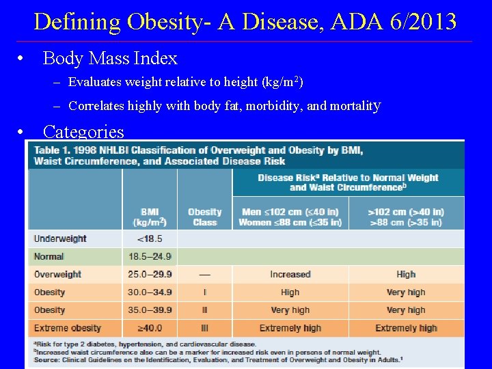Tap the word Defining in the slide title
(x=76, y=22)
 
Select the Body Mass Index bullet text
(x=110, y=59)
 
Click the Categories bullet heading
(x=83, y=131)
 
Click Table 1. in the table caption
(x=53, y=150)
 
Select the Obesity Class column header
(x=204, y=217)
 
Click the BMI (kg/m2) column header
(x=150, y=217)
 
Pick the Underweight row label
(x=60, y=238)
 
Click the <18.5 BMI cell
(x=150, y=238)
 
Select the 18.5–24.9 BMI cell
(x=150, y=256)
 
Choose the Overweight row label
(x=58, y=274)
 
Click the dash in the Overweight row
(x=204, y=274)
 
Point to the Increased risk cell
(x=290, y=274)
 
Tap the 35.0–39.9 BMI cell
(x=150, y=310)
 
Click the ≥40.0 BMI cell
(x=150, y=328)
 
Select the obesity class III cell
(x=204, y=328)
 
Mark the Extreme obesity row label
(x=68, y=328)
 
